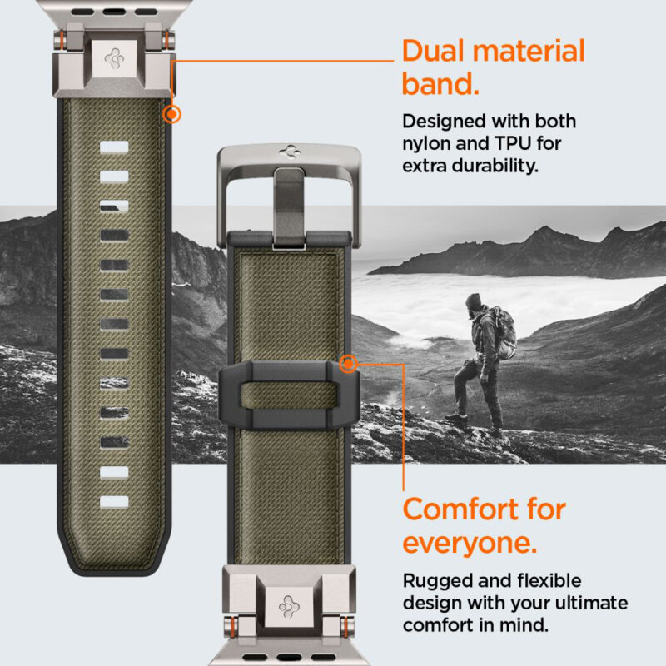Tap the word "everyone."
click(470, 543)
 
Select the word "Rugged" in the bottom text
click(436, 580)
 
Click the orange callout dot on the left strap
click(172, 114)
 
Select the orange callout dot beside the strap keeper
click(349, 362)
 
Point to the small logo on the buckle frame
click(289, 153)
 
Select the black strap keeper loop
click(288, 393)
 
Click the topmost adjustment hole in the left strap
click(115, 147)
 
